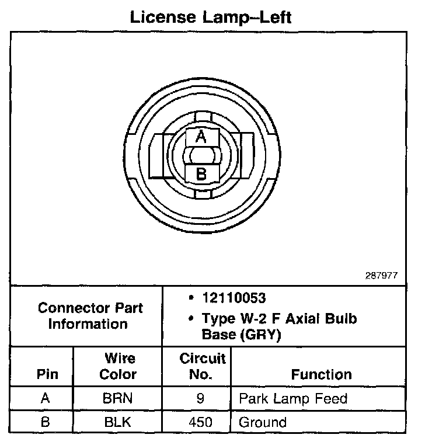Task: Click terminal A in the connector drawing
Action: coord(201,137)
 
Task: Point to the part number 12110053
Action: coord(234,298)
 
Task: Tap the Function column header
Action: coord(321,374)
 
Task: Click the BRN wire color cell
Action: coord(118,399)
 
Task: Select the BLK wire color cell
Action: coord(118,422)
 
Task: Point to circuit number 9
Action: coord(200,399)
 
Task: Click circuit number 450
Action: coord(200,422)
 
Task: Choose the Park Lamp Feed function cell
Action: coord(293,399)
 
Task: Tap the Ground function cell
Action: coord(263,422)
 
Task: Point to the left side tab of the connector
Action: coord(156,155)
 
